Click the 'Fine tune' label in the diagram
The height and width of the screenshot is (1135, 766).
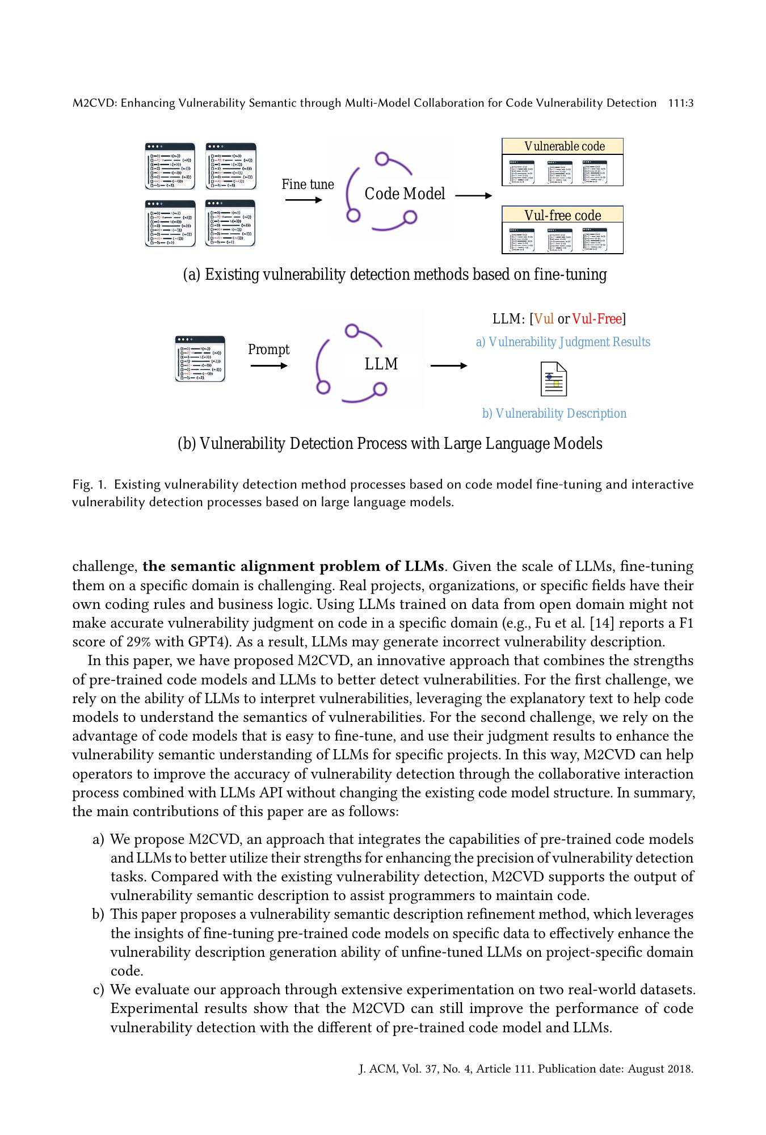pos(308,184)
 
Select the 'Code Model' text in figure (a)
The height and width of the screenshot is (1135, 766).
pos(405,194)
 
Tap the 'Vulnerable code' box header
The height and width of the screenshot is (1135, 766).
pos(563,146)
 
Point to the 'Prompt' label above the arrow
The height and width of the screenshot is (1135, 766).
pos(268,350)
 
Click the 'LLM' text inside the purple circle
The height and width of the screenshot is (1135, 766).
pos(381,364)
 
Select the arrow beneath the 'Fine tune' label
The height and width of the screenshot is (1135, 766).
pos(304,200)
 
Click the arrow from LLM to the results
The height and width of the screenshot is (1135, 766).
pos(448,366)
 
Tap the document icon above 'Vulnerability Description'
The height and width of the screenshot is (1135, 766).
pos(553,379)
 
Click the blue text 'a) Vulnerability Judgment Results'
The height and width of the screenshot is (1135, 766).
pos(563,342)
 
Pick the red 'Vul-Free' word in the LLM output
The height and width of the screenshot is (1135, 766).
pos(597,319)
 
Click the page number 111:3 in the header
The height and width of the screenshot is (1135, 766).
pos(681,103)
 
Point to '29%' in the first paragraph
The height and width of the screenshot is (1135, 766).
pos(138,642)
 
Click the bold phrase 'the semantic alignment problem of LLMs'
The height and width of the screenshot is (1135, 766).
pos(293,566)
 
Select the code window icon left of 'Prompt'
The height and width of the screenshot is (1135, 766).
pos(200,359)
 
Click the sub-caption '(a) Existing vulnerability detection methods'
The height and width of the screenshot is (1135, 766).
pos(394,275)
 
